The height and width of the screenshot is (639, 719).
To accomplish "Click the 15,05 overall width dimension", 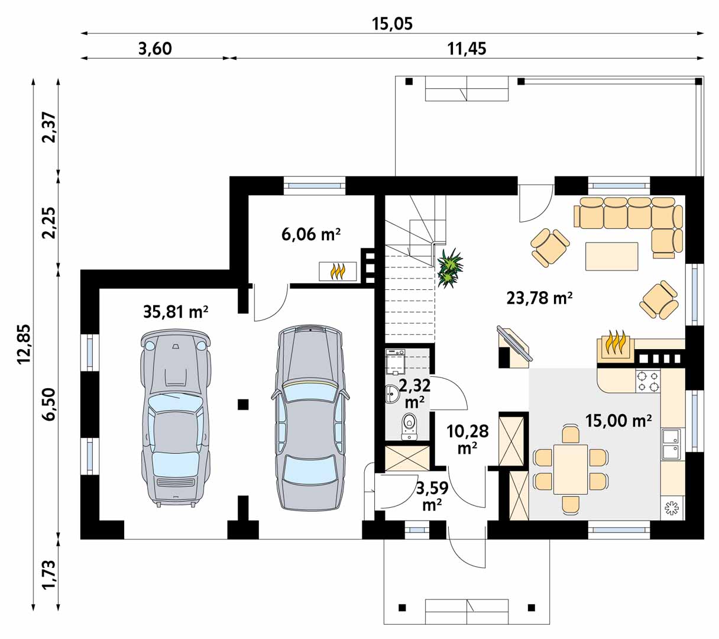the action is coord(392,24).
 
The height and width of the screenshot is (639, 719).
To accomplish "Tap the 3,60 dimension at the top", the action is coord(155,49).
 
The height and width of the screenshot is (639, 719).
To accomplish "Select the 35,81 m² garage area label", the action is coord(176,312).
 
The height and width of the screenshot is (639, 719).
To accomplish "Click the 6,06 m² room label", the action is coord(311,234).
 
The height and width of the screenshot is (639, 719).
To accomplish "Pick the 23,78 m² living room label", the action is coord(539,298).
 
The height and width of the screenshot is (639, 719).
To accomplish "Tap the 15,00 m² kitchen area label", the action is coord(618,421).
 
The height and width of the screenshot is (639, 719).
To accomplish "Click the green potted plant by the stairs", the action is coord(449,268).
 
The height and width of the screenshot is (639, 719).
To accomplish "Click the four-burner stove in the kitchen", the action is coord(647,381).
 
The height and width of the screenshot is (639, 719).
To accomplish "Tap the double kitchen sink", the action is coord(672,444).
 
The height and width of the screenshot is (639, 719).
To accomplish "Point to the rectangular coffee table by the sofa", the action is coord(612,256).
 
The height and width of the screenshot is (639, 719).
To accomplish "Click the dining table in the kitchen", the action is coord(571,469).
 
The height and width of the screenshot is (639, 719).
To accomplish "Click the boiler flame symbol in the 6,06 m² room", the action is coord(338,272).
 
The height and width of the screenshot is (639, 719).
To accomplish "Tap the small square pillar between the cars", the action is coord(243,404).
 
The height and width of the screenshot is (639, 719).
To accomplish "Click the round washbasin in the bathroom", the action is coord(392,394).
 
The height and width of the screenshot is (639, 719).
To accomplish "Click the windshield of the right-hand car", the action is coord(309,393).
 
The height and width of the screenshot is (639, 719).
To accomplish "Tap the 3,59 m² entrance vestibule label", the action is coord(432,496).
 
